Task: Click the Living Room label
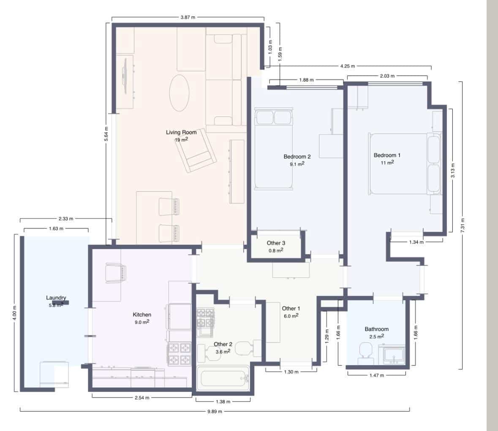[x=181, y=133]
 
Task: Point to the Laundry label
[x=56, y=298]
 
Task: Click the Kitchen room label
[x=142, y=314]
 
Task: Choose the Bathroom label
[x=376, y=329]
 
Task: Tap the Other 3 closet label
[x=276, y=243]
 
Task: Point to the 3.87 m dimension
[x=188, y=17]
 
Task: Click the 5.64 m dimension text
[x=107, y=134]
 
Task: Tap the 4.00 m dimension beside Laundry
[x=14, y=313]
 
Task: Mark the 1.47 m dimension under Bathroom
[x=376, y=375]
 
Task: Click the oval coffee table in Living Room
[x=180, y=93]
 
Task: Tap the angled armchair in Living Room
[x=196, y=150]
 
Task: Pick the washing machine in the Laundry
[x=54, y=374]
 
